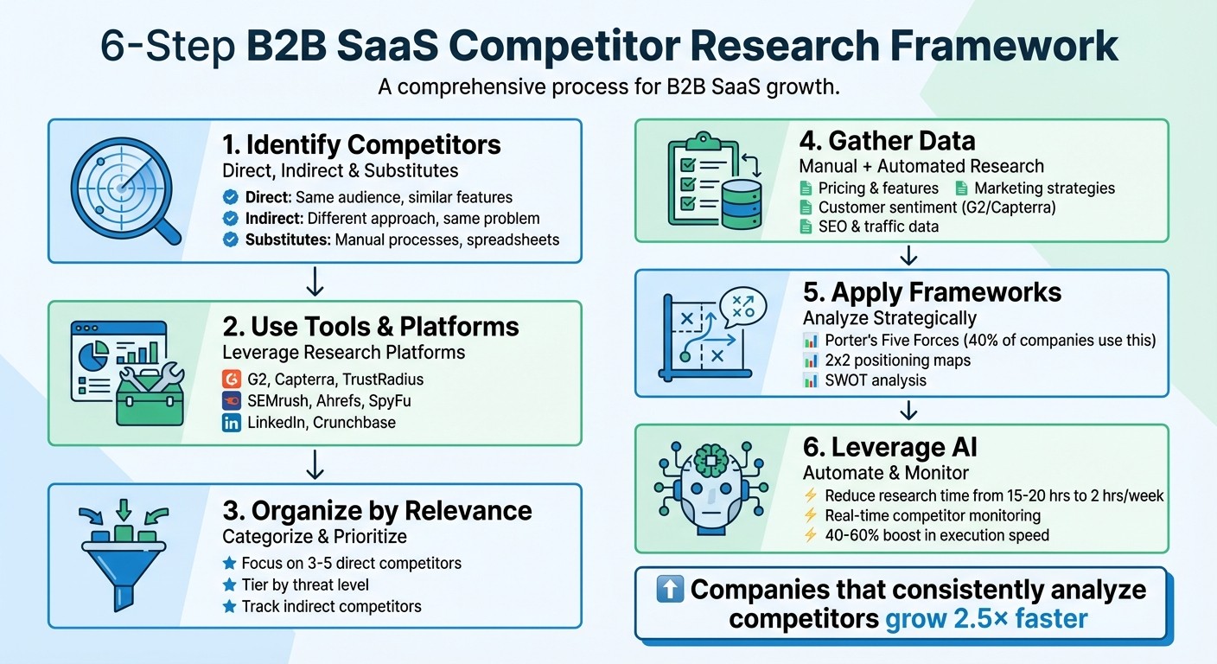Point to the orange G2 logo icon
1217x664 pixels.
tap(231, 379)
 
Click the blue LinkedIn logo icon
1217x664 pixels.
tap(231, 423)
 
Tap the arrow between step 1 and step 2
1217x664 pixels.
tap(315, 281)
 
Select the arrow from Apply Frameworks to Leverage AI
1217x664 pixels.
tap(908, 410)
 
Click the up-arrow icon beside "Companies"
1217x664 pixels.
tap(670, 590)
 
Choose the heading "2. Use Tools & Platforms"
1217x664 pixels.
tap(371, 326)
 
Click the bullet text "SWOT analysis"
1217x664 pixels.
tap(876, 380)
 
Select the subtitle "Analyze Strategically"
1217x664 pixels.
tap(889, 317)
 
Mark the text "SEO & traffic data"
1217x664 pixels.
tap(878, 227)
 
